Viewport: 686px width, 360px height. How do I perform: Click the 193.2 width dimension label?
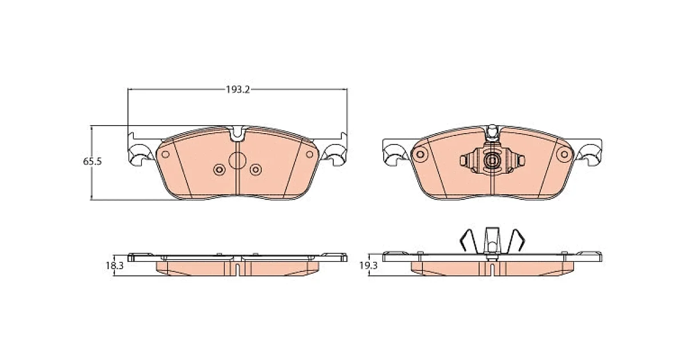click(238, 89)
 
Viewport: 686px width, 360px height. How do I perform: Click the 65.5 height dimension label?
click(92, 161)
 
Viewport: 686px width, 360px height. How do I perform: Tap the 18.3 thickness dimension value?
click(114, 266)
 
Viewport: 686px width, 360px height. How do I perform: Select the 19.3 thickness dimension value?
click(368, 266)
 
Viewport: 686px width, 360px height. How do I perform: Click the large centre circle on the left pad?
click(238, 161)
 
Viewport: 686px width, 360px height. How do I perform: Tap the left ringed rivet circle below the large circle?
click(220, 170)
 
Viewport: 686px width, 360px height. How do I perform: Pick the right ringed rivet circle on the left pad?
click(256, 170)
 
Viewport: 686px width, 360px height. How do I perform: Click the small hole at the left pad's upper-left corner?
click(165, 154)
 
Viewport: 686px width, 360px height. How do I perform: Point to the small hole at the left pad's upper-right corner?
click(310, 154)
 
